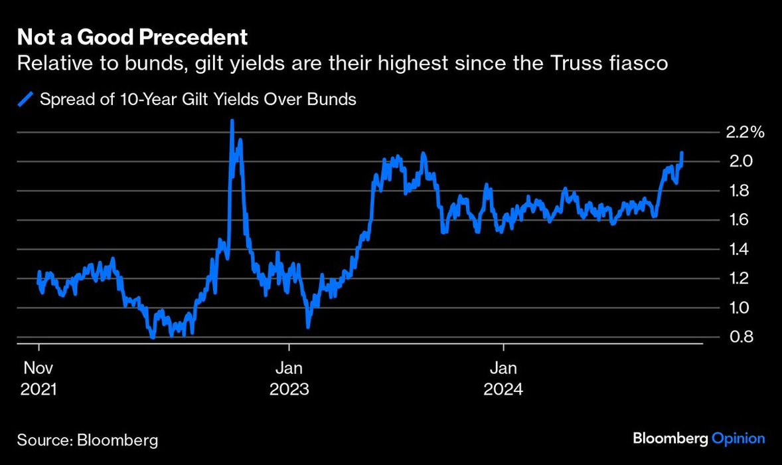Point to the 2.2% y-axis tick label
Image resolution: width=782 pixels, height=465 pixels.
click(x=745, y=132)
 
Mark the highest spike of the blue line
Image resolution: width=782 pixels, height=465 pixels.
click(x=232, y=122)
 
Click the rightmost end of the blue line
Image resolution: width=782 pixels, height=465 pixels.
click(x=682, y=153)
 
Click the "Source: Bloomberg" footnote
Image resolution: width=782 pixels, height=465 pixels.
click(x=88, y=440)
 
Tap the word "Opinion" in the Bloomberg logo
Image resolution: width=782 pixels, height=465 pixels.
click(x=738, y=438)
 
